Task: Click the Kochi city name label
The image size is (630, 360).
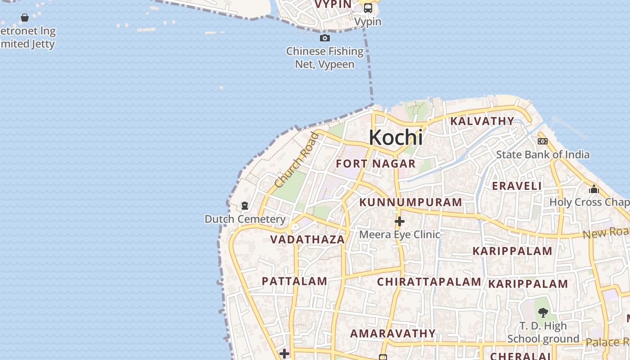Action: pos(396,137)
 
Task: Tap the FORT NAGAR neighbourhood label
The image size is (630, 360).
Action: pos(375,163)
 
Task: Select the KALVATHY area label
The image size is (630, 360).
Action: pos(482,121)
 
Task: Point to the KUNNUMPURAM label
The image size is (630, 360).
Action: pos(410,202)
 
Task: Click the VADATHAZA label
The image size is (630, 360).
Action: pos(307,239)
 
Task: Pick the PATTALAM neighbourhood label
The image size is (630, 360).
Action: pos(294,281)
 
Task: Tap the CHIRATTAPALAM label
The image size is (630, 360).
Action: pos(429,282)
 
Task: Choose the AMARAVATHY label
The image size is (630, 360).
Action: pos(393,333)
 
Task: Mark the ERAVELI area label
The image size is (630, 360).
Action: pos(517,186)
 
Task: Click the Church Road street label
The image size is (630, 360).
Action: pos(296,160)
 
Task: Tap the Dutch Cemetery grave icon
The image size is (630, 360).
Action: pos(245,206)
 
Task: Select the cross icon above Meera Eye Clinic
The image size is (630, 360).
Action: pos(399,221)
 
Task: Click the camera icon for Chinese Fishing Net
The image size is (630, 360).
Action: pos(324,38)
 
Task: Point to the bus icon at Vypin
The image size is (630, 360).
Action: pos(368,8)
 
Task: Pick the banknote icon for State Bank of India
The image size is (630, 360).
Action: pos(543,141)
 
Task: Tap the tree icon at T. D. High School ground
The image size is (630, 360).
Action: pos(543,312)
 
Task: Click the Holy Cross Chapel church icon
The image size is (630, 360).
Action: pos(594,189)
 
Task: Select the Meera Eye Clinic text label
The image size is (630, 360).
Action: pos(399,234)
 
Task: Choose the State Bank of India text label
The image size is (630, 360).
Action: pos(542,155)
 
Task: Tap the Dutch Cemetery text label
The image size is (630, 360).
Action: pos(245,219)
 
